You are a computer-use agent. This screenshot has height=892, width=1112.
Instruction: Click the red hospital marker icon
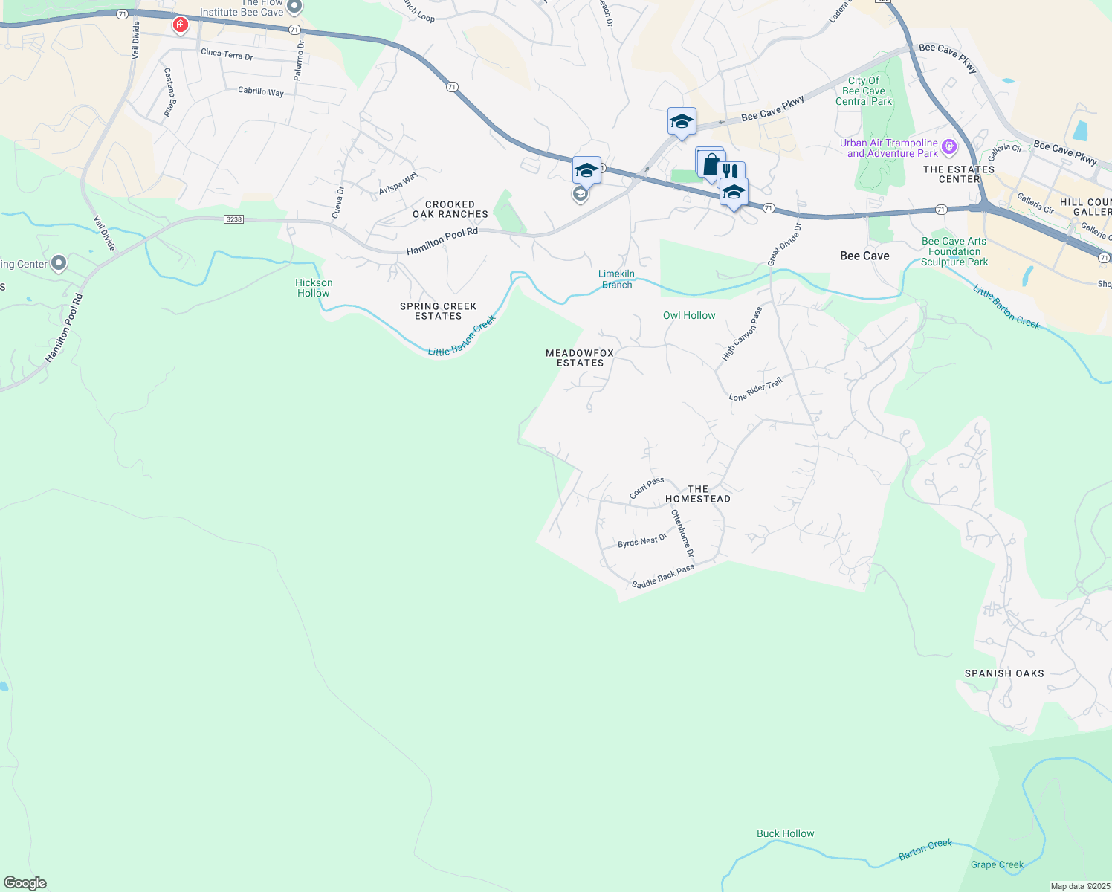pyautogui.click(x=180, y=25)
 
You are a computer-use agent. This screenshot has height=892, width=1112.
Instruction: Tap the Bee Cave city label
pyautogui.click(x=864, y=256)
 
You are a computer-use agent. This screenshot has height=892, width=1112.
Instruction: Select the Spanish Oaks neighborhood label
pyautogui.click(x=1004, y=673)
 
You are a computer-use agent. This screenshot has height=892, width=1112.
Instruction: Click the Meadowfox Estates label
pyautogui.click(x=581, y=358)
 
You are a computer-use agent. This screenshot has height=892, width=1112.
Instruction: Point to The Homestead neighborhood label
pyautogui.click(x=697, y=494)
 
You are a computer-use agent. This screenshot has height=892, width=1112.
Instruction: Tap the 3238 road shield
pyautogui.click(x=233, y=219)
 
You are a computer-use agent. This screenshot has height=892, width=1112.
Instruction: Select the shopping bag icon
pyautogui.click(x=711, y=164)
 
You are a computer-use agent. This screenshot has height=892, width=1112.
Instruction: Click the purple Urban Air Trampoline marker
pyautogui.click(x=949, y=147)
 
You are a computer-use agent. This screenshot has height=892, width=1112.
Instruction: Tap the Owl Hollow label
pyautogui.click(x=689, y=315)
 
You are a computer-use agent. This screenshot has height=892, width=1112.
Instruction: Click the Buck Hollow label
pyautogui.click(x=785, y=833)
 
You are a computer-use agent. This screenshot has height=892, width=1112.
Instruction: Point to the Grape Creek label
pyautogui.click(x=997, y=864)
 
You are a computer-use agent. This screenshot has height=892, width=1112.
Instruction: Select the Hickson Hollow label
pyautogui.click(x=314, y=288)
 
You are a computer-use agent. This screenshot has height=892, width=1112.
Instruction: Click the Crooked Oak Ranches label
pyautogui.click(x=450, y=209)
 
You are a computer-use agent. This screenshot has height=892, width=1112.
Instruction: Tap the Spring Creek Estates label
pyautogui.click(x=438, y=311)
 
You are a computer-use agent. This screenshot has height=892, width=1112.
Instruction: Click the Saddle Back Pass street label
pyautogui.click(x=663, y=575)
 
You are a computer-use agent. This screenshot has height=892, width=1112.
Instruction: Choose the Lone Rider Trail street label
pyautogui.click(x=755, y=390)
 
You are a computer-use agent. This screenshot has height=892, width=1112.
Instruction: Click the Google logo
pyautogui.click(x=25, y=883)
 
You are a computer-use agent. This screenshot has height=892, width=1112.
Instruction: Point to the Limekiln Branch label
pyautogui.click(x=617, y=279)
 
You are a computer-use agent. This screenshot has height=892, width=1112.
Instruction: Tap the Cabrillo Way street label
pyautogui.click(x=261, y=91)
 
